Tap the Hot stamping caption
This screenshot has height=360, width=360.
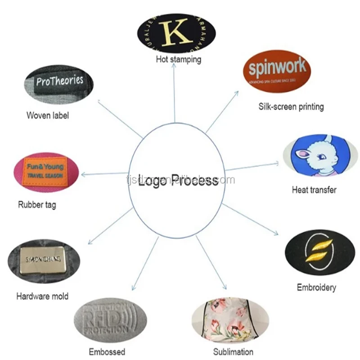[178, 59]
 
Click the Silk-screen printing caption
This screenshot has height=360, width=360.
[291, 107]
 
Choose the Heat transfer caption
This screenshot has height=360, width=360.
[314, 189]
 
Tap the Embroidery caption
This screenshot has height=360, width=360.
[316, 287]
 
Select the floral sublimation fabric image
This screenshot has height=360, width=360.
[223, 320]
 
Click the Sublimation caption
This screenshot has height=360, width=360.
[233, 351]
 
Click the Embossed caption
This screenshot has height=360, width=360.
[107, 351]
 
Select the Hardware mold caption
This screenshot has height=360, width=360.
[42, 296]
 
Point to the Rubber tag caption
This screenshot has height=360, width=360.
[37, 205]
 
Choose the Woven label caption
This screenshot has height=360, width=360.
[48, 115]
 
